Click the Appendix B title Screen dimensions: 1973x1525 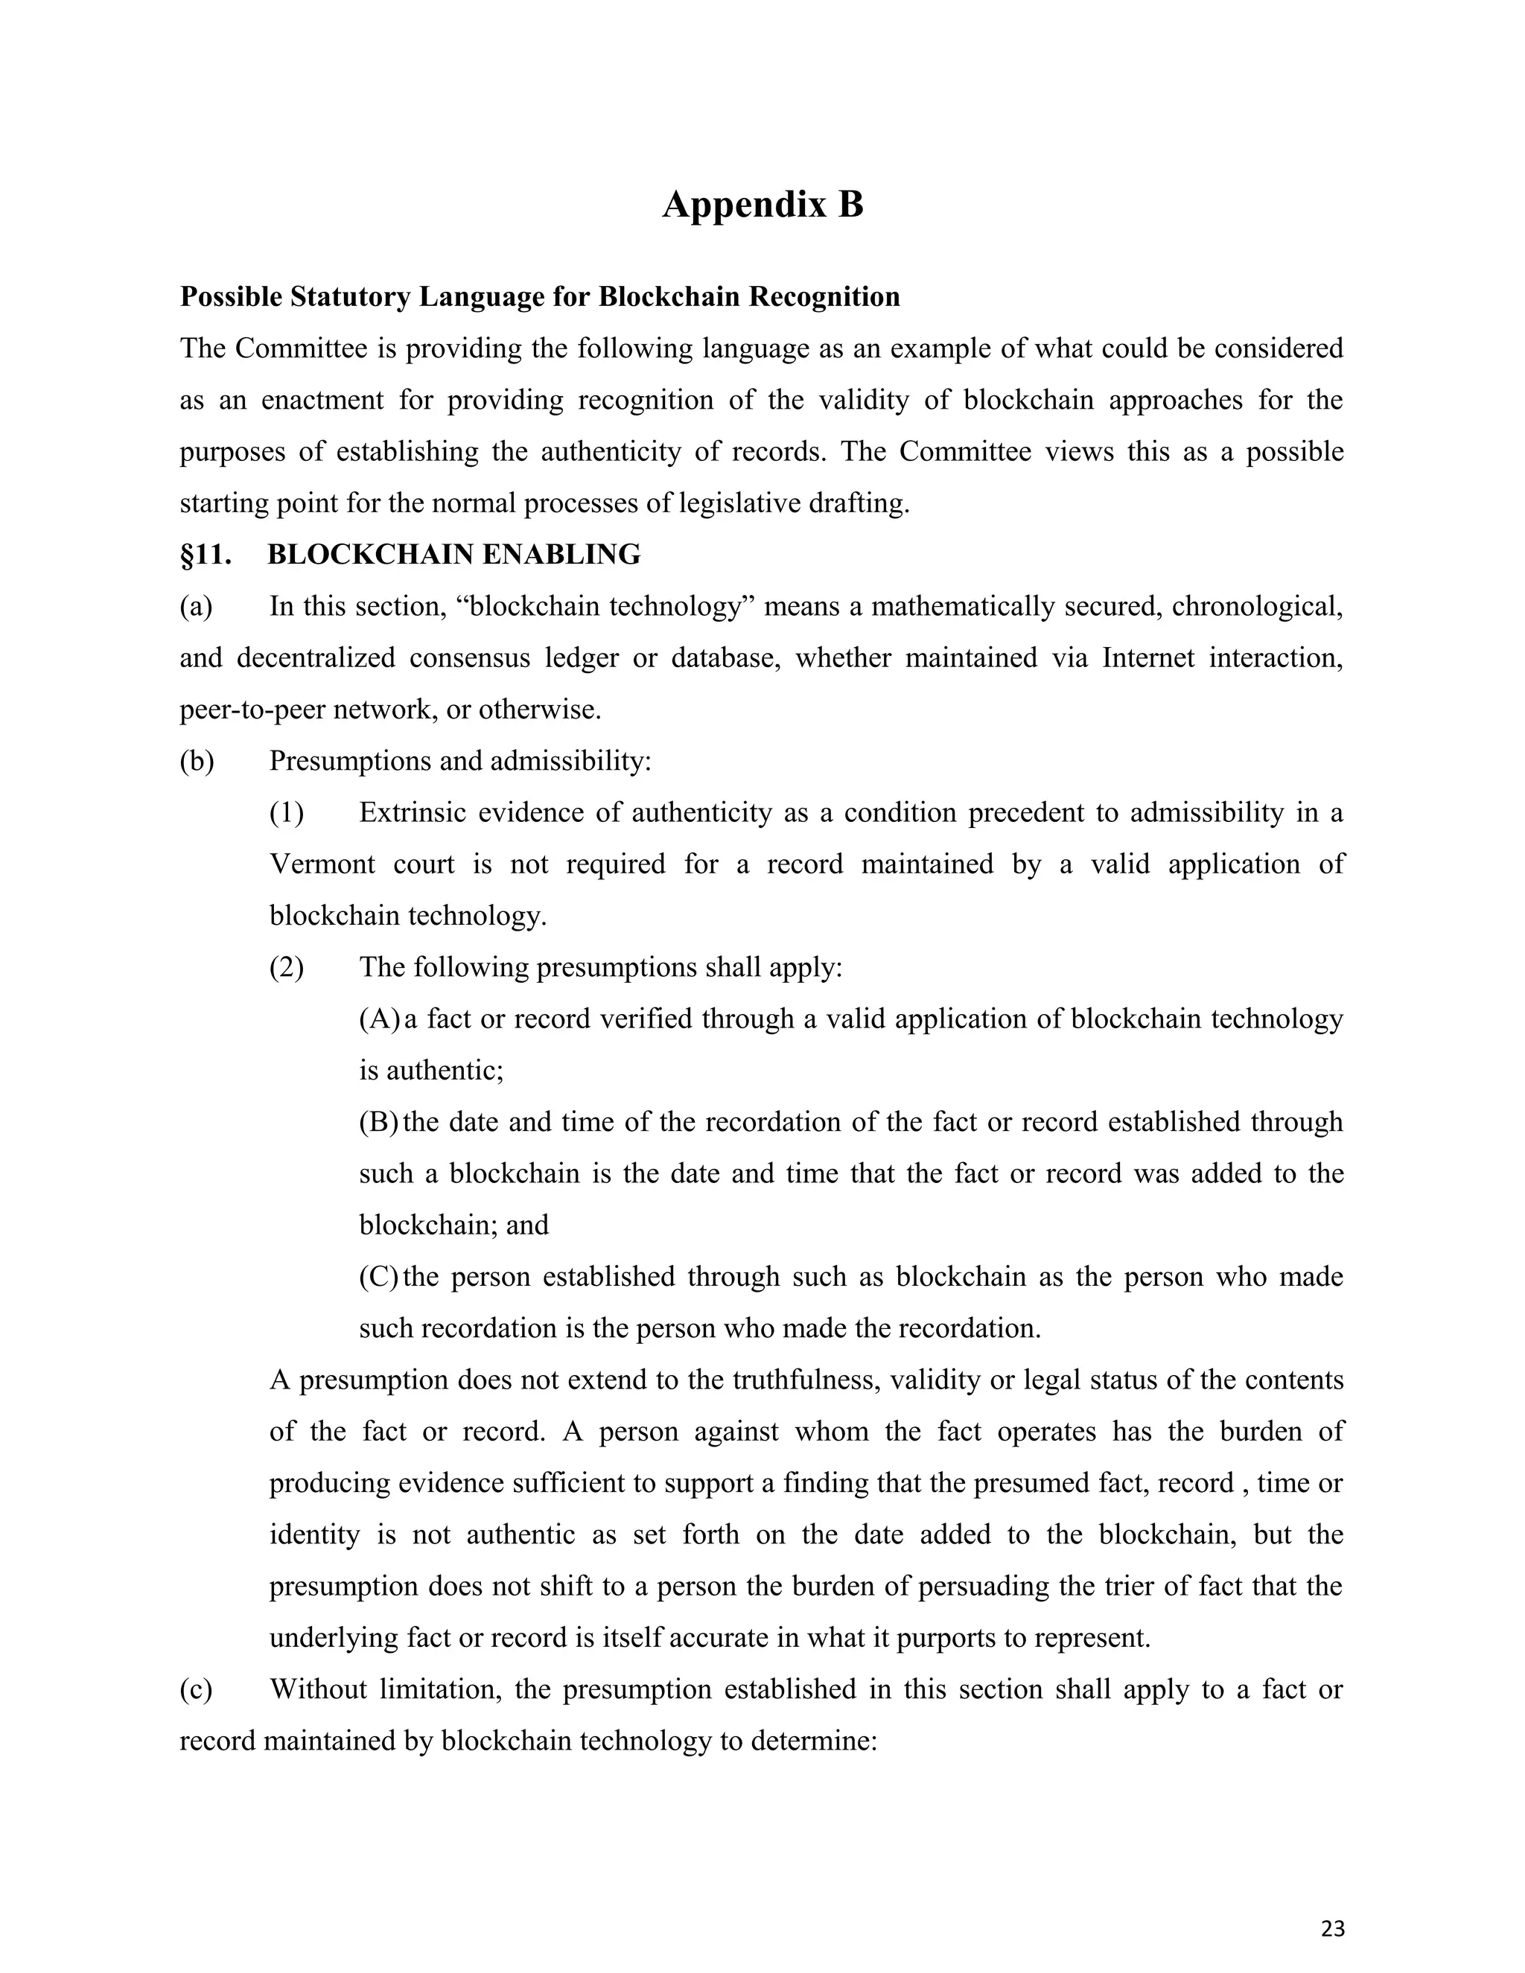tap(762, 205)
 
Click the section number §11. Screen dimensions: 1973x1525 tap(206, 555)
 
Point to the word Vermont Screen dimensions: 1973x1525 tap(322, 864)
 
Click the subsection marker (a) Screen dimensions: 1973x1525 tap(196, 606)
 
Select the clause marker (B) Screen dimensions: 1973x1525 tap(378, 1122)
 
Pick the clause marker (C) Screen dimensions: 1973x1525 tap(378, 1276)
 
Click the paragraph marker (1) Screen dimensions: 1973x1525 tap(287, 813)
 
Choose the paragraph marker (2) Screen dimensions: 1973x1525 tap(287, 968)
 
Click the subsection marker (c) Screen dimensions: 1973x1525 tap(196, 1689)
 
